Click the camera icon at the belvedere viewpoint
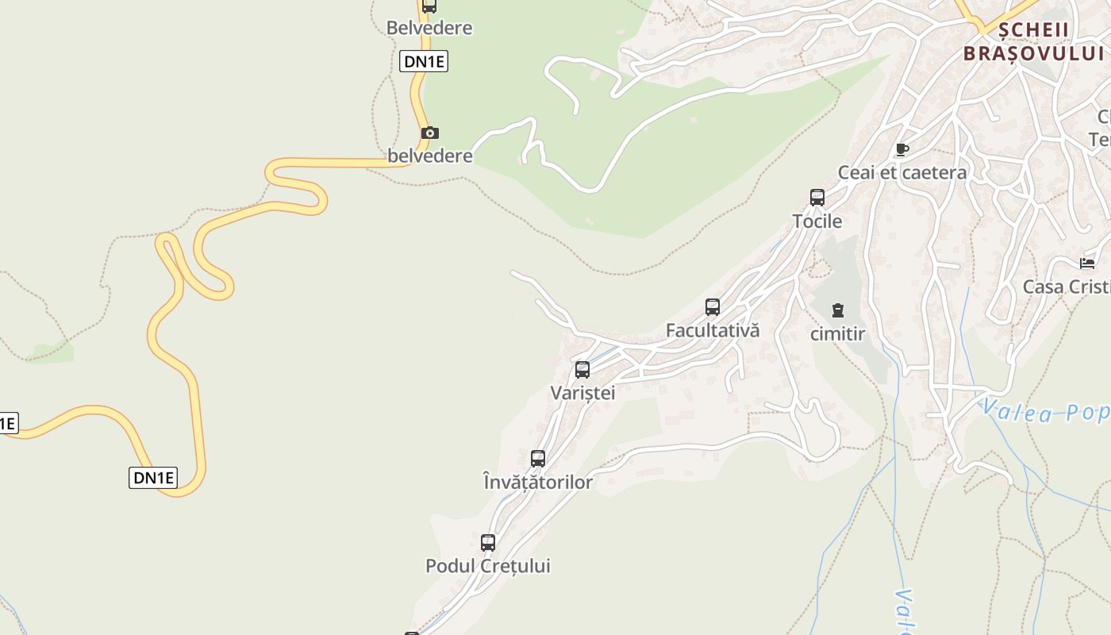429,133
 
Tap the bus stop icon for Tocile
817,198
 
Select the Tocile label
817,221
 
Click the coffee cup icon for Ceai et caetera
901,149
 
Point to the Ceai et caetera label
902,173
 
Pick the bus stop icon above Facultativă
713,307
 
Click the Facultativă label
713,330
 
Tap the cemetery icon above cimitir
838,310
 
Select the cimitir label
837,334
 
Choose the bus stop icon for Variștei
582,370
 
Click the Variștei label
582,393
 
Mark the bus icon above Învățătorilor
538,459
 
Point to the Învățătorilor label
538,482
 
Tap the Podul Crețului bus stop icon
488,543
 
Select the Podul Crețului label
488,566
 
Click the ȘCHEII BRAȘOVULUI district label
1034,42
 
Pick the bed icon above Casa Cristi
1087,264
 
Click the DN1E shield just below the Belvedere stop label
424,61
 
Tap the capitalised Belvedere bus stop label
429,28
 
